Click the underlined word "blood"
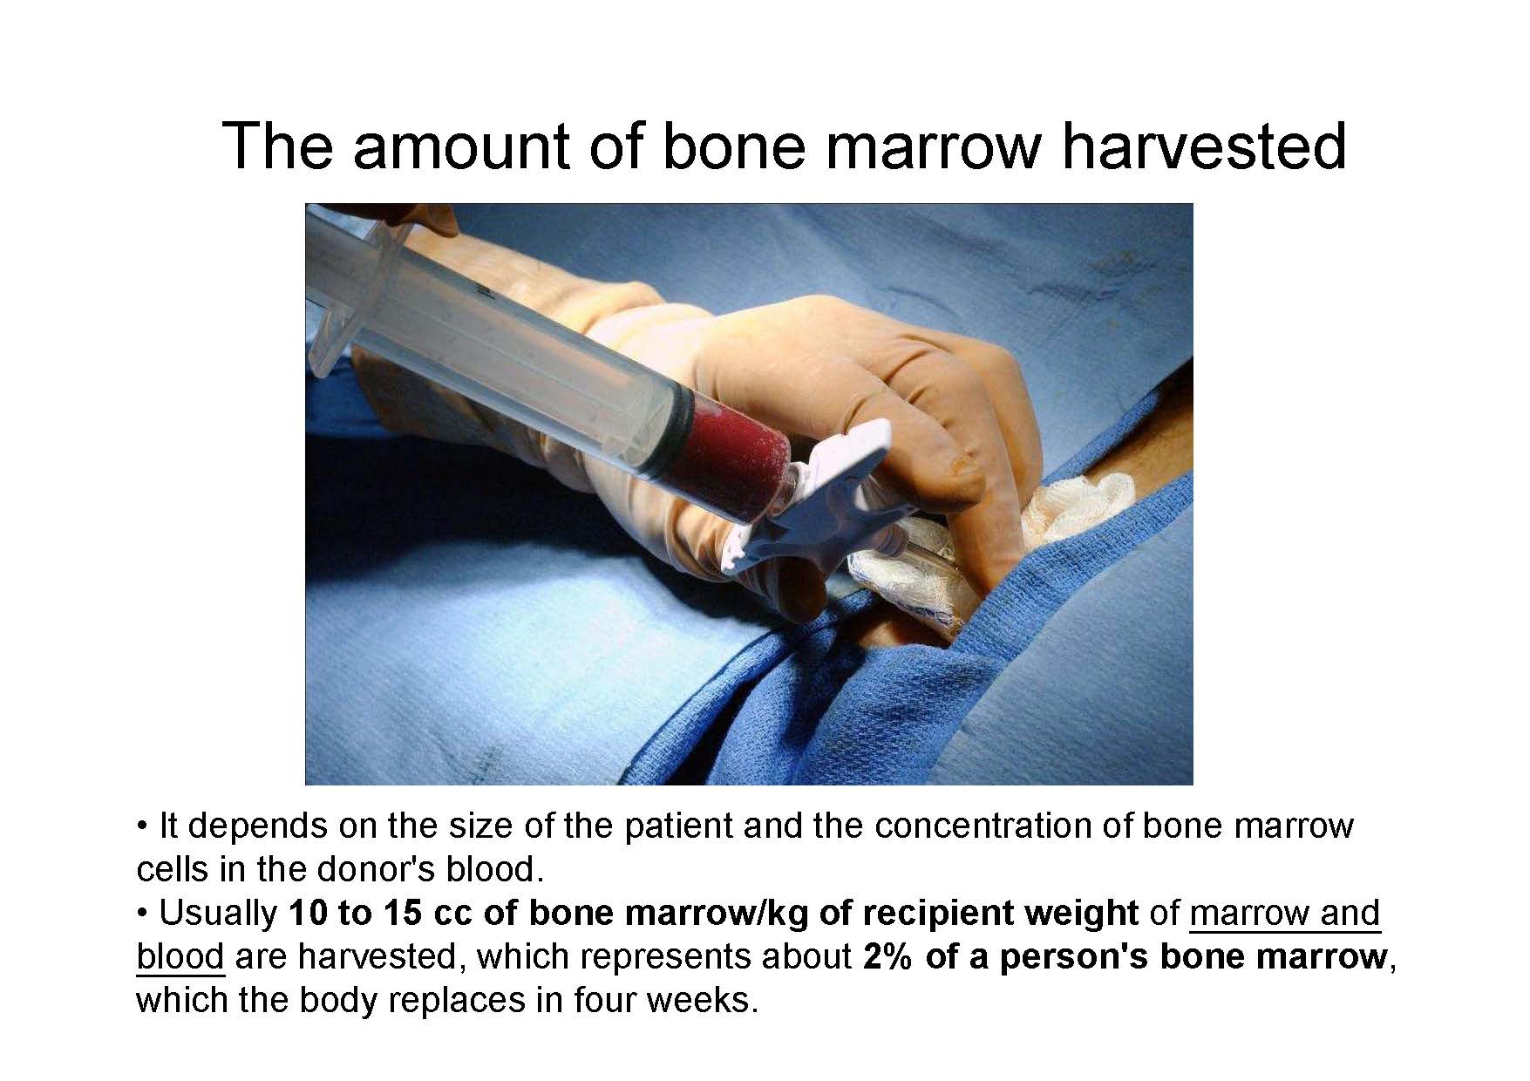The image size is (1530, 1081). point(180,956)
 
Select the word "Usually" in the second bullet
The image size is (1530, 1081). point(218,914)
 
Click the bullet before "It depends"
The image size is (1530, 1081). point(142,826)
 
